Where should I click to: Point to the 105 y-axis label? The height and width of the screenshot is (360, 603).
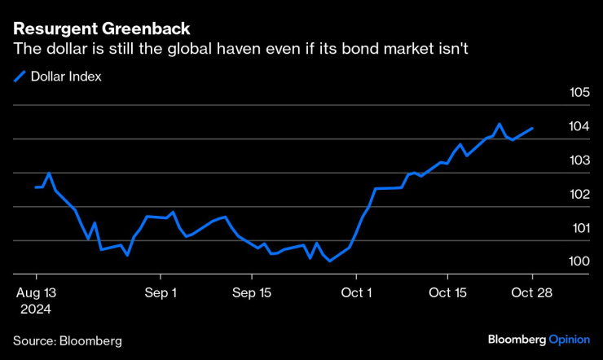pyautogui.click(x=579, y=92)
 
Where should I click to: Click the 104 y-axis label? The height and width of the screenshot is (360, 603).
pyautogui.click(x=579, y=126)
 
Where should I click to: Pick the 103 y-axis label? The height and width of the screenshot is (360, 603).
pyautogui.click(x=579, y=160)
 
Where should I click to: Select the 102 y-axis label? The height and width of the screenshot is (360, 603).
pyautogui.click(x=579, y=194)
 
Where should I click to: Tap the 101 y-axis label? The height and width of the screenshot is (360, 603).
pyautogui.click(x=579, y=228)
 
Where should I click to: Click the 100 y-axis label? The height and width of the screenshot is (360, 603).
pyautogui.click(x=579, y=261)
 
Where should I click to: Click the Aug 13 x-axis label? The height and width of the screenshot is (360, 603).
pyautogui.click(x=36, y=293)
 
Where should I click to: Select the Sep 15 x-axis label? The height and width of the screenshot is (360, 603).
pyautogui.click(x=253, y=293)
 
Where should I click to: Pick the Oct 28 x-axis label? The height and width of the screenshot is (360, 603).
pyautogui.click(x=533, y=293)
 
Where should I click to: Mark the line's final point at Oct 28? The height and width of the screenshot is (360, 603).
pyautogui.click(x=533, y=128)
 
